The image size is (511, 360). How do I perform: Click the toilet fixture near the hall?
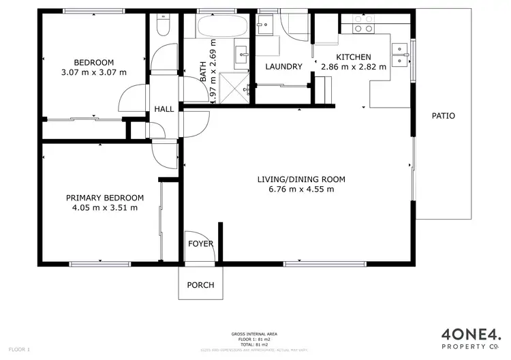[163, 25]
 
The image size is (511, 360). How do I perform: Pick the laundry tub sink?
[264, 25]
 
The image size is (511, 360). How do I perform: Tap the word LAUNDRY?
[283, 67]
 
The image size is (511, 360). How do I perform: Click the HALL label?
[164, 109]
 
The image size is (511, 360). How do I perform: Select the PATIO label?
[443, 116]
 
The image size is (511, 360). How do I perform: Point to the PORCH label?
[200, 285]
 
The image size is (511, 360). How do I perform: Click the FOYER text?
[200, 243]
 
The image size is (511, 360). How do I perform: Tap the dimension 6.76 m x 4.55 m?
[301, 190]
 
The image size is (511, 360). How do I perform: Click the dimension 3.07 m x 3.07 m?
[94, 72]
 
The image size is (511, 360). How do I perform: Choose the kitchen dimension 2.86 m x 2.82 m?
[353, 67]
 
